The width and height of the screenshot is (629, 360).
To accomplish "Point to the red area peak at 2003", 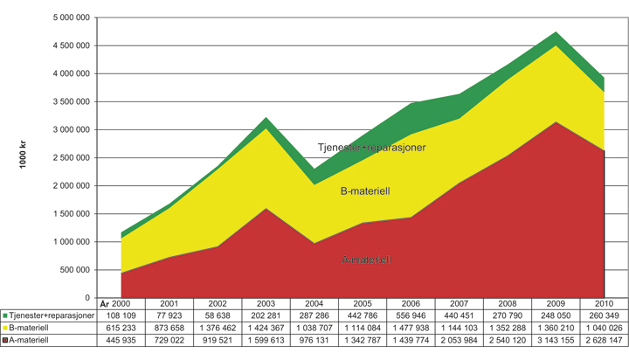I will point(266,208).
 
